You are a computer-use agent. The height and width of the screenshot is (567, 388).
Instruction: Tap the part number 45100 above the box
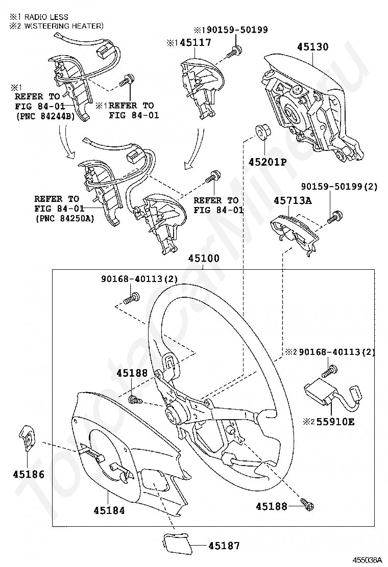click(x=204, y=259)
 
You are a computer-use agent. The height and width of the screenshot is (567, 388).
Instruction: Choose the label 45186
click(x=29, y=474)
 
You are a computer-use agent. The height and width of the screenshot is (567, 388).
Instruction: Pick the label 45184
click(x=109, y=509)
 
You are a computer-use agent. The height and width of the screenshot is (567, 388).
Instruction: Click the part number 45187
click(x=224, y=545)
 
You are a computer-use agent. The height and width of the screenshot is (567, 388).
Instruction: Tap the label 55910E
click(x=336, y=422)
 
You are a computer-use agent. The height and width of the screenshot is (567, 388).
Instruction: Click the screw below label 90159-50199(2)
click(x=335, y=216)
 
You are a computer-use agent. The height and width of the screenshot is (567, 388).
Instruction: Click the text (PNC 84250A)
click(x=65, y=219)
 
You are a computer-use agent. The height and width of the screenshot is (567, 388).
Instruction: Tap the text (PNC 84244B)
click(x=45, y=116)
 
